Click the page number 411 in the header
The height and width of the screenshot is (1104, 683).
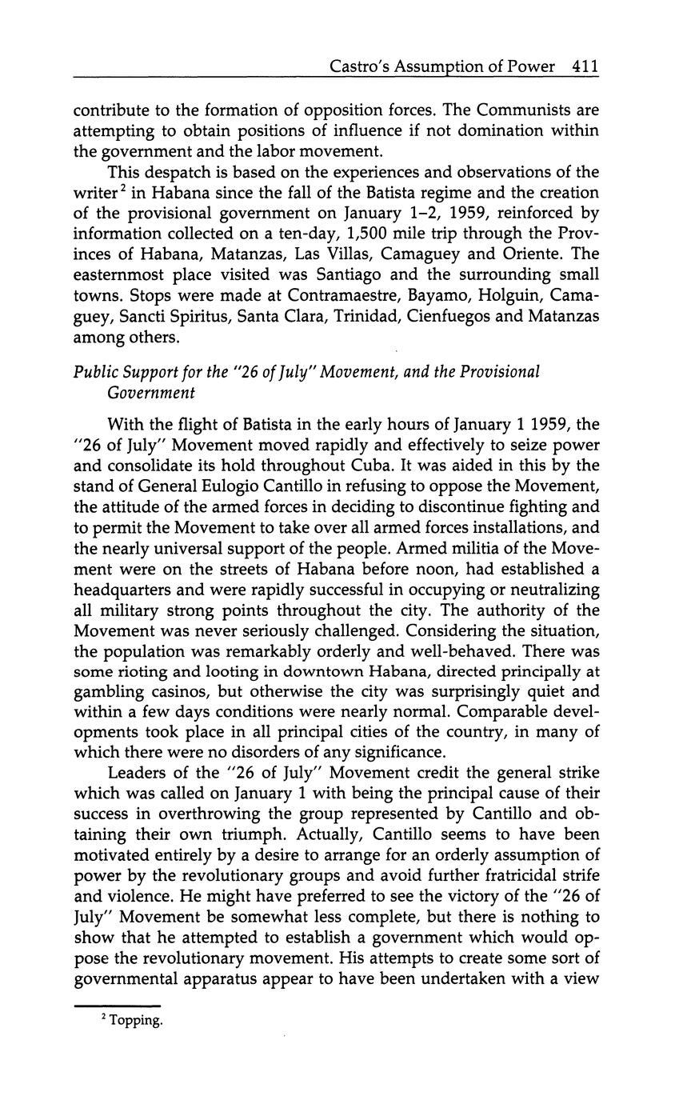(585, 67)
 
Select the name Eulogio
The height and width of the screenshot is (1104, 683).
(254, 486)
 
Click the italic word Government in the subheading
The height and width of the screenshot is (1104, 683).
(150, 392)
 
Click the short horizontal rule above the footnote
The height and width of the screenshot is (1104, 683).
(117, 1006)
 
